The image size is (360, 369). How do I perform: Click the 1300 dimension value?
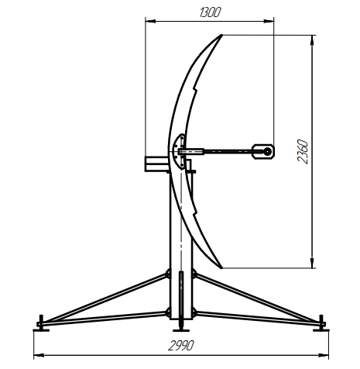point(211,12)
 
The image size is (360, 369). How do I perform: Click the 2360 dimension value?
point(303,152)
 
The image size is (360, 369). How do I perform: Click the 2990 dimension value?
point(181,346)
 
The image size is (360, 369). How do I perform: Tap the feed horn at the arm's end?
point(263,152)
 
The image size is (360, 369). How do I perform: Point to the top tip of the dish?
point(221,35)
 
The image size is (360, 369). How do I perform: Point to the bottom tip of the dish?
point(221,267)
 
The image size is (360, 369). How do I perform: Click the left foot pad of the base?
point(41,329)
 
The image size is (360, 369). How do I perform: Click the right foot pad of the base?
point(321,329)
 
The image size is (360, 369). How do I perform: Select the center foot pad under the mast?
point(181,330)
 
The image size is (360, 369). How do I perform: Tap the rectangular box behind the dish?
point(157,164)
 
